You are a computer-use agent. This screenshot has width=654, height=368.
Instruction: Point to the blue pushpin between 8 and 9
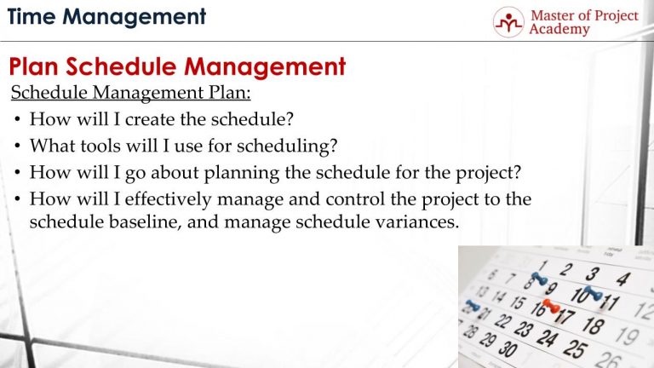tap(538, 279)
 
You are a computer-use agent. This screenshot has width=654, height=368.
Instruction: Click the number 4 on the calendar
tap(622, 279)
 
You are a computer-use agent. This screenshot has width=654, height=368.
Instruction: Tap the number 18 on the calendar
tap(594, 325)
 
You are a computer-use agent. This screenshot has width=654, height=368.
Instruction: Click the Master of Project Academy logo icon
tap(508, 22)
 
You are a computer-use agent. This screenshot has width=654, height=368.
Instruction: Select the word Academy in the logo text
tap(559, 30)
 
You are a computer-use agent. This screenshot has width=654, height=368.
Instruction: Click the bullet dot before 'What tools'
tap(18, 147)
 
